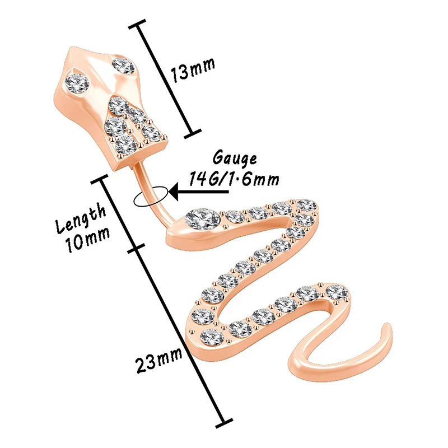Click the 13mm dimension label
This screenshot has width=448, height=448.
click(x=194, y=72)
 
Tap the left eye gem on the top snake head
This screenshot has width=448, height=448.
click(x=79, y=83)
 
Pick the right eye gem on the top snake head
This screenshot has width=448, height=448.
click(x=122, y=66)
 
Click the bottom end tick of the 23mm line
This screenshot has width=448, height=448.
click(x=223, y=421)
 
